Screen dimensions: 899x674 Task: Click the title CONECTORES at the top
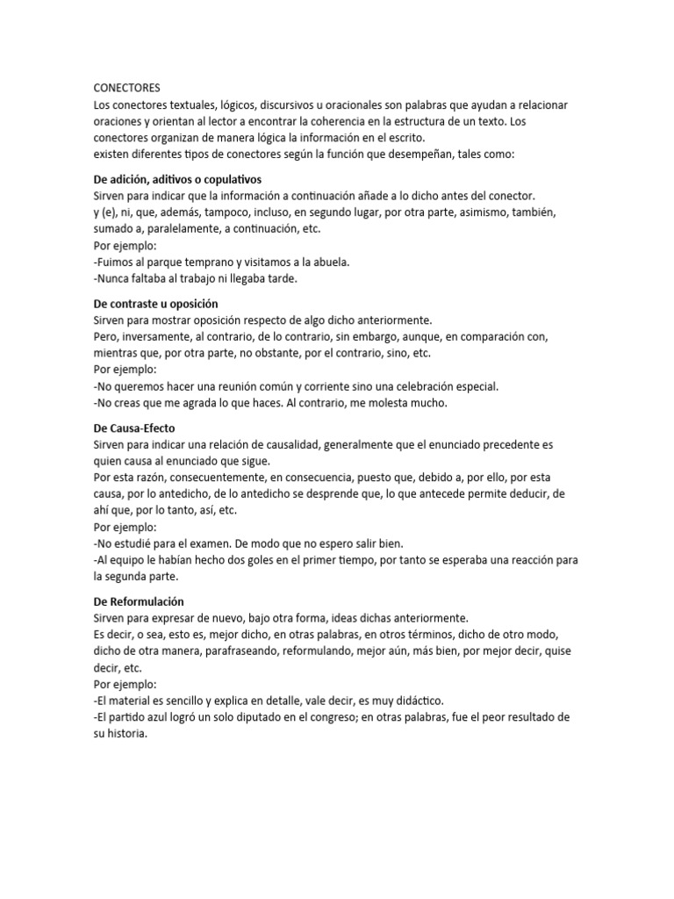point(127,88)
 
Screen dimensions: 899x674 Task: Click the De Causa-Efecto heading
point(133,428)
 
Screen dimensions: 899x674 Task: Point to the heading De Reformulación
point(138,601)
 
